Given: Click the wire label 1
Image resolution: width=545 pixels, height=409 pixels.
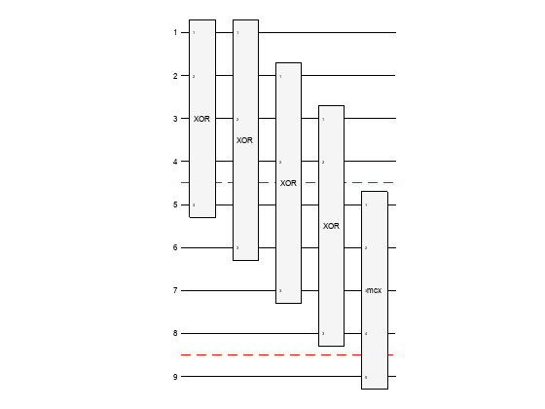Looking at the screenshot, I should (175, 32).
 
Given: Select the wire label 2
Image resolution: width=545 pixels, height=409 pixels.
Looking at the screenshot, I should (175, 75).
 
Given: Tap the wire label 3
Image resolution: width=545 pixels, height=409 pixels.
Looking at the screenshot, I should (175, 118).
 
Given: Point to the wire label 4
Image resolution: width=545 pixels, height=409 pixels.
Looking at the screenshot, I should (175, 161).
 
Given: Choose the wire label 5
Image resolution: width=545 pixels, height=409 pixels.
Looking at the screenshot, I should (175, 204).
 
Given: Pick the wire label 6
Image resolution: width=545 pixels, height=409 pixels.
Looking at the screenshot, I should (175, 247).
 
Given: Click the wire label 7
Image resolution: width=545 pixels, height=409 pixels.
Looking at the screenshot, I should (175, 290).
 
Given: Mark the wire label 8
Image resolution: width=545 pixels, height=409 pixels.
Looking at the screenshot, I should (175, 333).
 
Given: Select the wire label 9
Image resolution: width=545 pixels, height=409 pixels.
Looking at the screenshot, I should (175, 376).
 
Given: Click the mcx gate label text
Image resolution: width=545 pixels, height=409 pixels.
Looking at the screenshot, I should (374, 290).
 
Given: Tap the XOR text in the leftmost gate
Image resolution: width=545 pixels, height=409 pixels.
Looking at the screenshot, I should (201, 118).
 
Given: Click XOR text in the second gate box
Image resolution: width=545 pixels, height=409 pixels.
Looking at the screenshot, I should (244, 140).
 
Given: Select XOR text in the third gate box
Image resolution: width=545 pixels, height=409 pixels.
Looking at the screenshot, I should (288, 183).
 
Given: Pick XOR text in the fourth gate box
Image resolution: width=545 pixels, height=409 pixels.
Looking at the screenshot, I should (331, 226).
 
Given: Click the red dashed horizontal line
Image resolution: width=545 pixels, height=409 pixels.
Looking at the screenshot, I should (292, 355).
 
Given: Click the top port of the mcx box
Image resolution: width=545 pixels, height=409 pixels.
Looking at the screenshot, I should (366, 205).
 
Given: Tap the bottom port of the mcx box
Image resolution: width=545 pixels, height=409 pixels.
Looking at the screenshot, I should (366, 376).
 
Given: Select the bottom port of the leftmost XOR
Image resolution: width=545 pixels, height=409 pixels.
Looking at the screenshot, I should (194, 204).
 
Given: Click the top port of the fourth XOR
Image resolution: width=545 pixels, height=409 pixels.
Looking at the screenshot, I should (323, 119).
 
